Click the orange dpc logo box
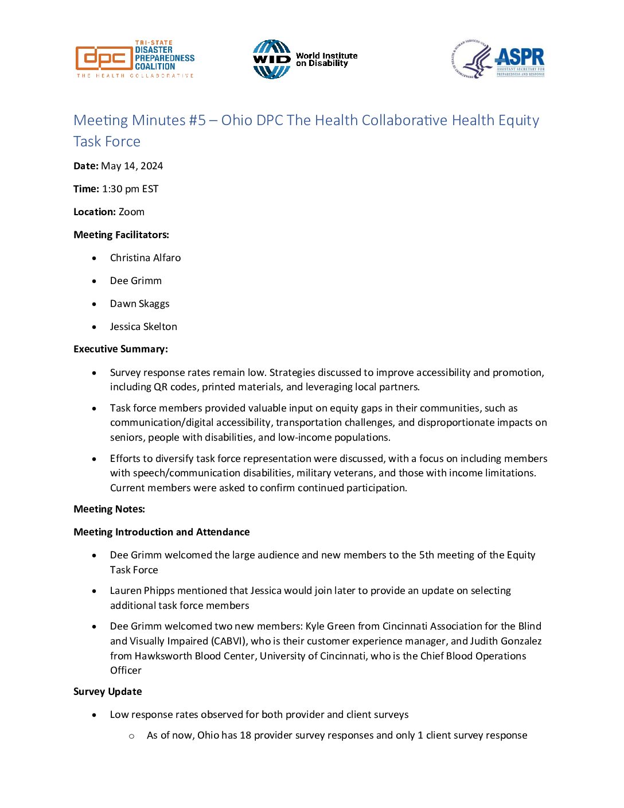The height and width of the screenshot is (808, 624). click(104, 59)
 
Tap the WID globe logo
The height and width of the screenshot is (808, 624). click(271, 59)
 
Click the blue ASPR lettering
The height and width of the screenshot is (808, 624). click(520, 57)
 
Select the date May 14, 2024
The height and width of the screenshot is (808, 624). click(132, 166)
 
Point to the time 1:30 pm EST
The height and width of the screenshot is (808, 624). click(130, 189)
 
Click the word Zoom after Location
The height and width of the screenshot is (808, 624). click(131, 212)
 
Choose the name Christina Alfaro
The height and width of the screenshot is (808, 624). click(145, 258)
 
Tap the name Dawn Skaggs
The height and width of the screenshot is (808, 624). click(139, 304)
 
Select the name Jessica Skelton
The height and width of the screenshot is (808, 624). click(143, 327)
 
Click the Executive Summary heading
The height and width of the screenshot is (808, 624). click(120, 349)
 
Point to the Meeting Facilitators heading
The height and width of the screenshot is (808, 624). click(121, 235)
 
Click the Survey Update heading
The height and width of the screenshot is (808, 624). click(107, 692)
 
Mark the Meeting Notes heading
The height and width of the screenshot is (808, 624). click(109, 510)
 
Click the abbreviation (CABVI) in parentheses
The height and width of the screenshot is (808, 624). click(229, 642)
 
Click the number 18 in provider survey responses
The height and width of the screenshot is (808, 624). click(245, 736)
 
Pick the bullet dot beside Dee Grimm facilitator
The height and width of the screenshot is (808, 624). click(94, 281)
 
